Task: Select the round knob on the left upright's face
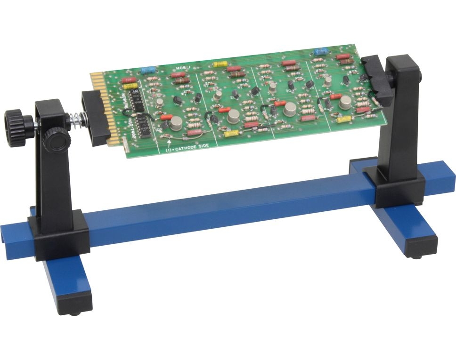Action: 56,140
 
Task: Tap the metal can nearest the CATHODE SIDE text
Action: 176,123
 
